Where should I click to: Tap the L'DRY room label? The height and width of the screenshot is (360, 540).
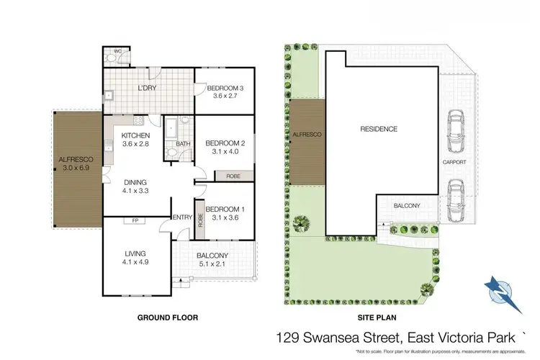(x=147, y=89)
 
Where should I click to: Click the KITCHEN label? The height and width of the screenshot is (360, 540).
(x=135, y=135)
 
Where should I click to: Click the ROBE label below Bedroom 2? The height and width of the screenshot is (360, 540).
(x=233, y=175)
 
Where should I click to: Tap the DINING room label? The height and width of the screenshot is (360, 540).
(x=135, y=183)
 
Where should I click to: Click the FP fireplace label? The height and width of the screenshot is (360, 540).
(x=135, y=221)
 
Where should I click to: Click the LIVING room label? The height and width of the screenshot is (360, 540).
(x=135, y=253)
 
